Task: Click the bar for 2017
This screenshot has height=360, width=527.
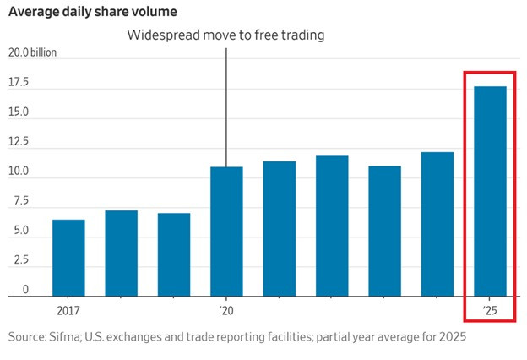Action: [x=68, y=258]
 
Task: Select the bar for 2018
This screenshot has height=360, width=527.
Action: [x=121, y=253]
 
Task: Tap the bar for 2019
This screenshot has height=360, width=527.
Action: [x=174, y=254]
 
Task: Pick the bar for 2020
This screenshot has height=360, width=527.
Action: [x=226, y=232]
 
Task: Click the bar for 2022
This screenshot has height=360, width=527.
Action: [x=332, y=226]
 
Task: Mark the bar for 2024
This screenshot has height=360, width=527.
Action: [x=437, y=224]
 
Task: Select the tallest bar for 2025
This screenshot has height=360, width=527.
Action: [x=490, y=191]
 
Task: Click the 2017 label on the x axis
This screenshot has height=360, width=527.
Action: [x=68, y=310]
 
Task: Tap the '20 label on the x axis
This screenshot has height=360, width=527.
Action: [x=225, y=310]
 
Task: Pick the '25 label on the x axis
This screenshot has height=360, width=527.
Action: [x=490, y=310]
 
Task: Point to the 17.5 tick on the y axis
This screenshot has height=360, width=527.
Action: [x=19, y=83]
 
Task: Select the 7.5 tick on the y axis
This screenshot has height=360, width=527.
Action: [x=19, y=201]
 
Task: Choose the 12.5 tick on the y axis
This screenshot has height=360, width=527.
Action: [x=19, y=142]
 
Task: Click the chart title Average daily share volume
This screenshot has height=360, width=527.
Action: [x=93, y=13]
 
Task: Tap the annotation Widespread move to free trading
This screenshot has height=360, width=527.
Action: [x=225, y=35]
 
